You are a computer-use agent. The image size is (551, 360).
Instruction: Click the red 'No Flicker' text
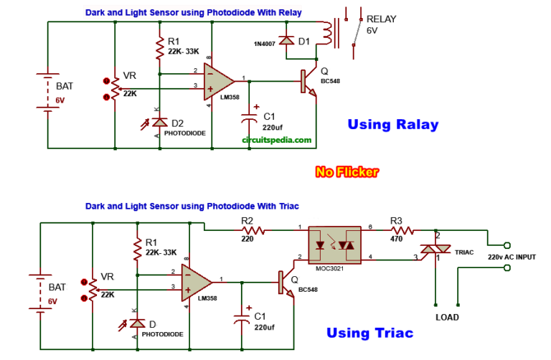point(347,171)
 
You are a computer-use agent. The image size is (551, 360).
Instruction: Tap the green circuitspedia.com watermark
point(276,141)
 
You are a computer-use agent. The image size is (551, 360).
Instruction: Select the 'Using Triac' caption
point(369,333)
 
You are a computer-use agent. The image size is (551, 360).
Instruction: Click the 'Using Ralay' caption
point(392,125)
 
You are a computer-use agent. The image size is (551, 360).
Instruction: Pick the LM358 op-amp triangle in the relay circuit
point(218,79)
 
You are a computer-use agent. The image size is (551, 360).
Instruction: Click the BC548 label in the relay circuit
point(330,81)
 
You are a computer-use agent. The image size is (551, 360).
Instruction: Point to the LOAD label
point(446,317)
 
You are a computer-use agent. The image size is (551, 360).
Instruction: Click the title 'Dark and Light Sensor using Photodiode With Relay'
point(194,12)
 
